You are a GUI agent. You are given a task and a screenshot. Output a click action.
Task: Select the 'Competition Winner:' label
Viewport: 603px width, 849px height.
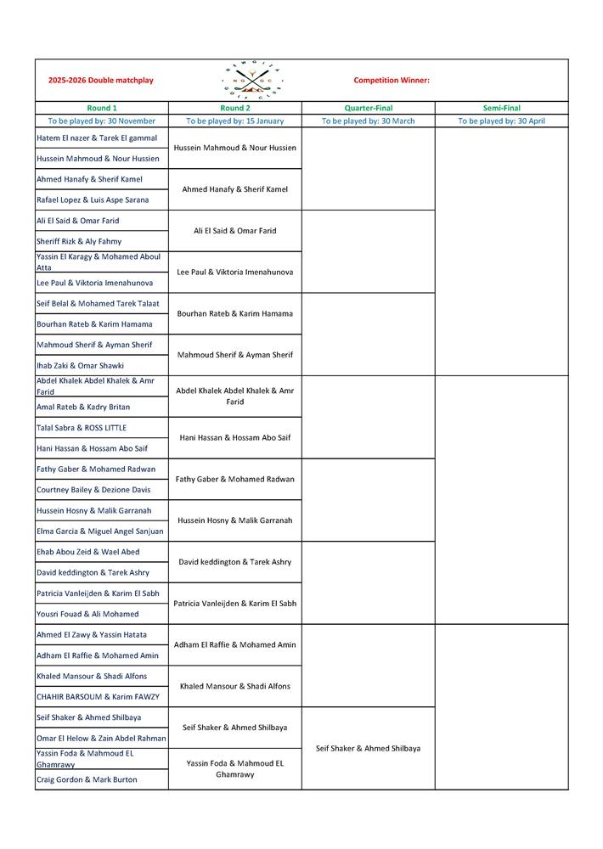point(392,81)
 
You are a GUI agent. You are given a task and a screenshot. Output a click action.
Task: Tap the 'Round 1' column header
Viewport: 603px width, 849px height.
point(102,109)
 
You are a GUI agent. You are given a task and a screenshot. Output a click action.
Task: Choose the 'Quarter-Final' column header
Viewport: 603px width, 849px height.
point(368,109)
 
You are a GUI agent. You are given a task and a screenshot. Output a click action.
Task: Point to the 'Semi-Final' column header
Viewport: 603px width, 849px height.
point(501,109)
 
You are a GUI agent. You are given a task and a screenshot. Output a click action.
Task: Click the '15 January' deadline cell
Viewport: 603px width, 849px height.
point(235,121)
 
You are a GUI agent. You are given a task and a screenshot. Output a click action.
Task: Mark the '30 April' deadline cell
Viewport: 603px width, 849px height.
point(501,121)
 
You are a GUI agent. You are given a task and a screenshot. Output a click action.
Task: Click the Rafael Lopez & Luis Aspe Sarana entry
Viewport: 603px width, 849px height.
point(93,200)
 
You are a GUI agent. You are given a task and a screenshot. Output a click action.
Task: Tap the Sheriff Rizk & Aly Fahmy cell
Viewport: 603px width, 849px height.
point(79,242)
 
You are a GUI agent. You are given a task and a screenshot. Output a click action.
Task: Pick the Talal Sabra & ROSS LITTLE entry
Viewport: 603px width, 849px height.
point(82,428)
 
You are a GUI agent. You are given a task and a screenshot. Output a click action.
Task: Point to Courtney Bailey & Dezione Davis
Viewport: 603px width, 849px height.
point(93,490)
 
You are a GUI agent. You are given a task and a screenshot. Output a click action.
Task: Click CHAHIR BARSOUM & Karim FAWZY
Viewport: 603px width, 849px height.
point(98,697)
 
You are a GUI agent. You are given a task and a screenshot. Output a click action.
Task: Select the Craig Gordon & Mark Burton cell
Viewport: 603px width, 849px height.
point(87,780)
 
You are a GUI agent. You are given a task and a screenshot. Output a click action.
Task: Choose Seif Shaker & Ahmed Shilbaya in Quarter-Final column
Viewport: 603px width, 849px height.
point(368,749)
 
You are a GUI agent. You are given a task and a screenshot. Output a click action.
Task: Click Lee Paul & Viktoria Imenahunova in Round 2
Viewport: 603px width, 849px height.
point(235,273)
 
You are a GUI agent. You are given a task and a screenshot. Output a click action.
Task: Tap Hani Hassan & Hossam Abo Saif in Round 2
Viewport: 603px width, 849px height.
point(235,438)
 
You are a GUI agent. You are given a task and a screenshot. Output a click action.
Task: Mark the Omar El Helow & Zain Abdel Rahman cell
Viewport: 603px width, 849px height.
point(101,739)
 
